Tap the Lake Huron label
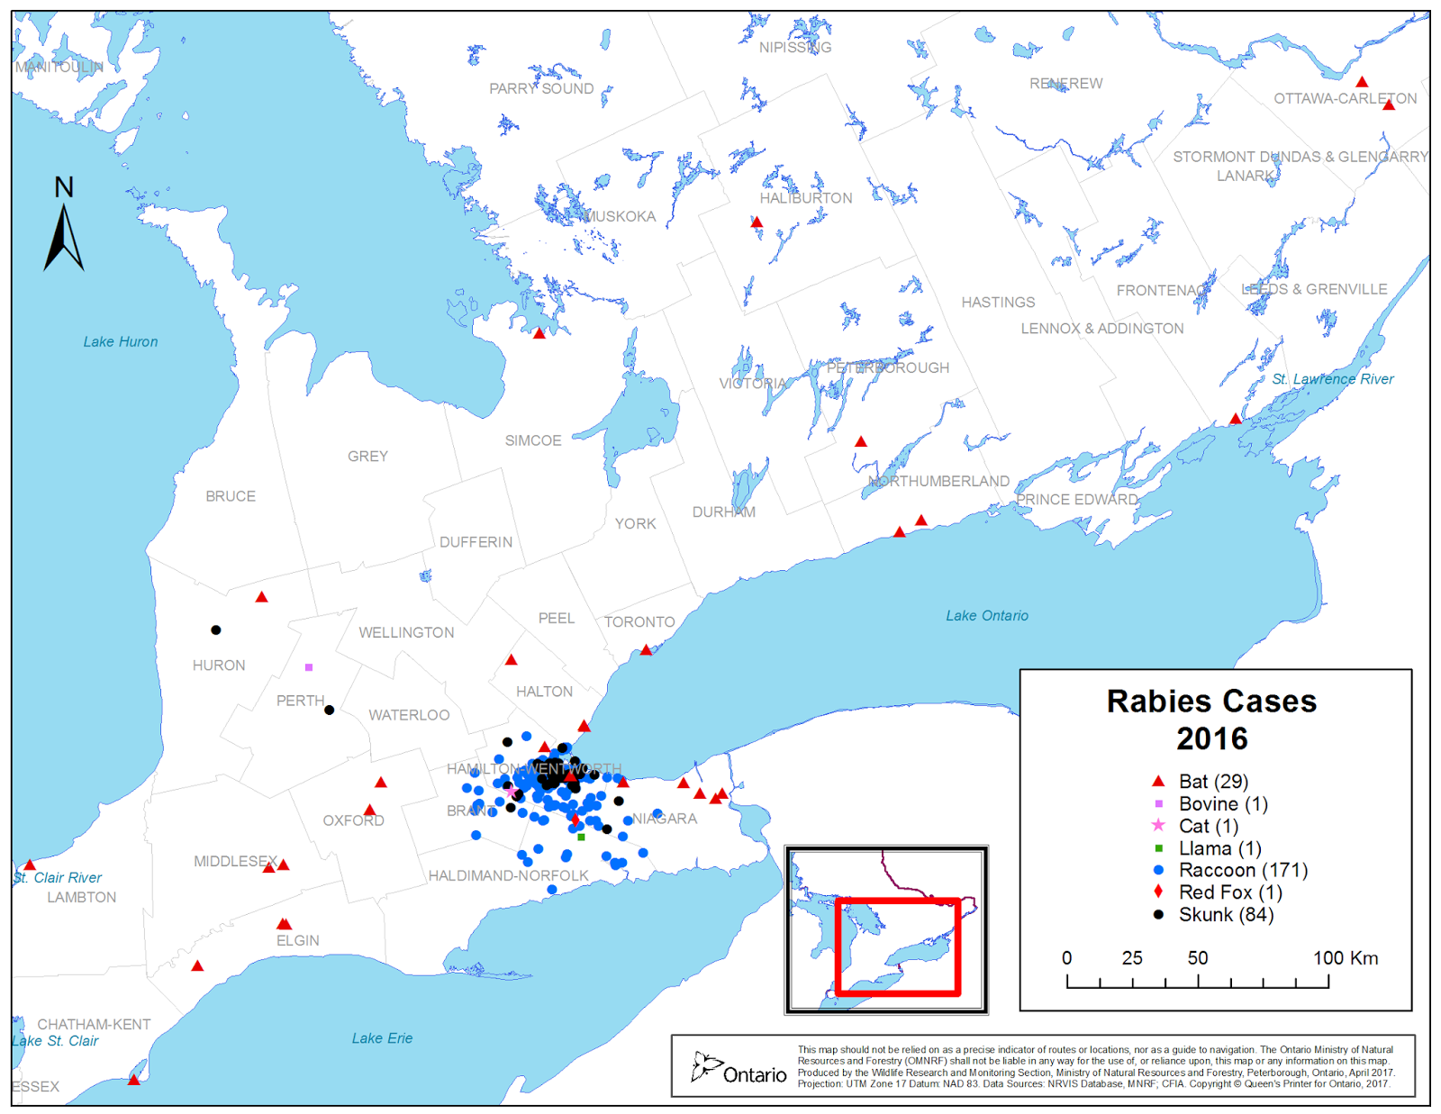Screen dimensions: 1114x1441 coord(121,341)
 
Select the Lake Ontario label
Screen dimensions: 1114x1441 coord(986,615)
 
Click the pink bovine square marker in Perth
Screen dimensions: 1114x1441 coord(309,667)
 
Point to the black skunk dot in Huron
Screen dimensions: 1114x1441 coord(216,629)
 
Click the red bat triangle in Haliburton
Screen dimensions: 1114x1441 coord(757,222)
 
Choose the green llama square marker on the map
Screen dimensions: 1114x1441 coord(581,838)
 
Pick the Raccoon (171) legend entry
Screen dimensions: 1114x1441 coord(1243,870)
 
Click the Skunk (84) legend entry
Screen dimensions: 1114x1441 coord(1226,914)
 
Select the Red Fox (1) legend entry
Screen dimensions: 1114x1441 coord(1230,892)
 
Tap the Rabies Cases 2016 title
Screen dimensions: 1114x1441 coord(1211,720)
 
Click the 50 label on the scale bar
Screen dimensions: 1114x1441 coord(1197,958)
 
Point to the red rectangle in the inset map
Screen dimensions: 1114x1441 coord(898,946)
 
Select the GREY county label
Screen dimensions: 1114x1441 coord(367,457)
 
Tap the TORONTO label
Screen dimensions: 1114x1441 coord(639,622)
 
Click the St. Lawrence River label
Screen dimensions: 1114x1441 coord(1332,379)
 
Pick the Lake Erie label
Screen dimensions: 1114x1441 coord(382,1038)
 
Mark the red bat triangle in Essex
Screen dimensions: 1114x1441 coord(133,1080)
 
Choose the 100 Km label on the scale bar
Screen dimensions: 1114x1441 coord(1345,958)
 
